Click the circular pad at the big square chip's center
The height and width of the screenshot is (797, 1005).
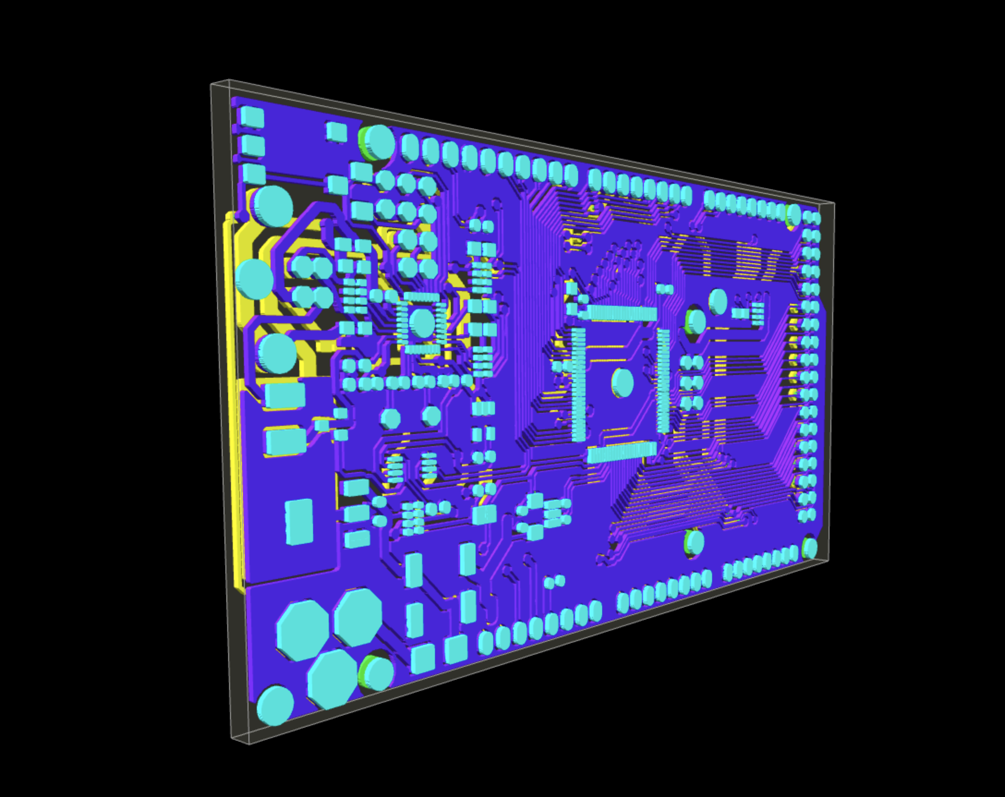623,383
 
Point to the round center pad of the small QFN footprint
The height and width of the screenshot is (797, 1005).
423,323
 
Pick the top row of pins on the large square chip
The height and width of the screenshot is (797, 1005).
622,314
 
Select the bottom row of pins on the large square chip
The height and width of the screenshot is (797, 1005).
621,452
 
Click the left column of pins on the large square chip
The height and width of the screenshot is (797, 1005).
579,385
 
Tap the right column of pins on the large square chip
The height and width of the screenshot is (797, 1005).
663,381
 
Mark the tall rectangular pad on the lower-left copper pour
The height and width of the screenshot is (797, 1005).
299,521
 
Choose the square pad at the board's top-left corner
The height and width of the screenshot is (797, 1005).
252,117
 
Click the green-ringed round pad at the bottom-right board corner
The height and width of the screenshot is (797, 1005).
810,548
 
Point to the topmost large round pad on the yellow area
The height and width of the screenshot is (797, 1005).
273,205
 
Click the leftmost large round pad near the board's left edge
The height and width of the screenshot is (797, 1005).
254,279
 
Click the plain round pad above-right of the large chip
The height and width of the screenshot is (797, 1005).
718,301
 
